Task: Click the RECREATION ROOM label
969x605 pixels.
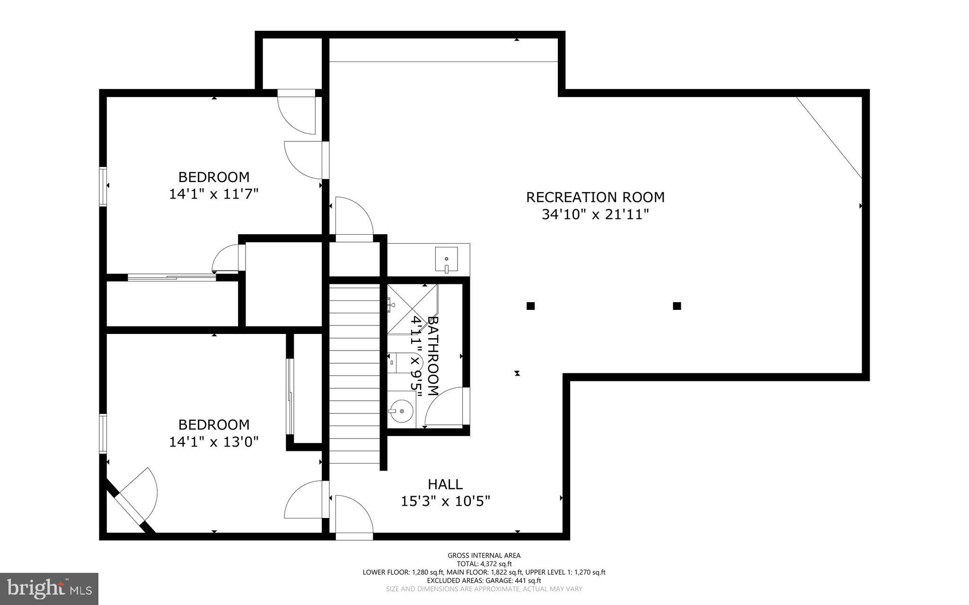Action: [595, 197]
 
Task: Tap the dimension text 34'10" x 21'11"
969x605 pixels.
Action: [595, 215]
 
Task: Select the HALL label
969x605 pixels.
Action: [445, 484]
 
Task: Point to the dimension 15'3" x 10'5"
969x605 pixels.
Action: [445, 501]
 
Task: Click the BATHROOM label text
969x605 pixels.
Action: [433, 356]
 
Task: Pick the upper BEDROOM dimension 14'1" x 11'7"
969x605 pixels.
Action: [214, 194]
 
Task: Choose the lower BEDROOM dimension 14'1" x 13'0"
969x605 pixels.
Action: [214, 442]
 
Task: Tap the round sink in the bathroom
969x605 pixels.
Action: [401, 411]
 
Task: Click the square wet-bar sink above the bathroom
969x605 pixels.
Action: [446, 259]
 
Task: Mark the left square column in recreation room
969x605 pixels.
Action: [530, 306]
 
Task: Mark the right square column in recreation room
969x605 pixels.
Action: [677, 306]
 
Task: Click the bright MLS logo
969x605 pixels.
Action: [49, 588]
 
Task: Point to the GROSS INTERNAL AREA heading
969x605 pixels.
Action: [484, 555]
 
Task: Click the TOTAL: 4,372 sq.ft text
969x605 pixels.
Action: [484, 564]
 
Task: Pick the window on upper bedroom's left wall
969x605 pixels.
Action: [102, 186]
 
